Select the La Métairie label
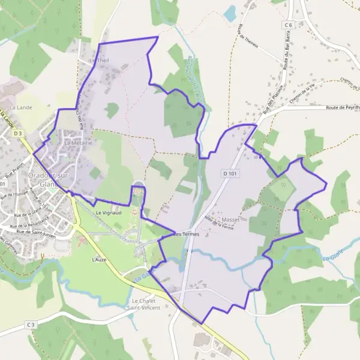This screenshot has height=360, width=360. [x=78, y=143]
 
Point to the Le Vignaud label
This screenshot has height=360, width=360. [x=109, y=213]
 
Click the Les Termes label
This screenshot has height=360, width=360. [x=186, y=234]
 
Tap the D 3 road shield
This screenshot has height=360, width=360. [x=18, y=133]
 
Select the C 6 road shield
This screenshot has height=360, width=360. [x=289, y=25]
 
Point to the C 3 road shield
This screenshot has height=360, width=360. [x=31, y=324]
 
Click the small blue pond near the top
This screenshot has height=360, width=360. [x=230, y=12]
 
